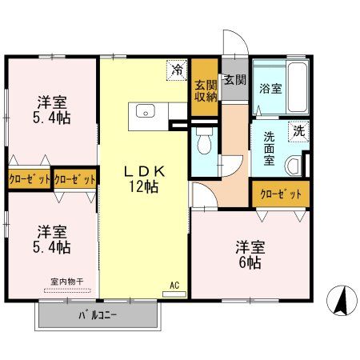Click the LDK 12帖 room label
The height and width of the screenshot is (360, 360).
tap(144, 178)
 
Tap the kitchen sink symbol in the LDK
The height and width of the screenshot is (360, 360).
tap(145, 111)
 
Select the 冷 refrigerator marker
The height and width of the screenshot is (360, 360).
tap(176, 70)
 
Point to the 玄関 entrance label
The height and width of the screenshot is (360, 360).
tap(234, 80)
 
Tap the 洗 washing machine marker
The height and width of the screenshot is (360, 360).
tap(298, 130)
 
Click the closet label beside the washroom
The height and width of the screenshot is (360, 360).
tap(280, 194)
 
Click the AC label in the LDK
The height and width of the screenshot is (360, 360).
tap(174, 284)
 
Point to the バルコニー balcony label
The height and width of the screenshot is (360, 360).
tap(98, 315)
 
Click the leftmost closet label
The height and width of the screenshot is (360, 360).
tap(30, 179)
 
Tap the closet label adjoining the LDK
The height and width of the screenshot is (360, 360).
tap(76, 179)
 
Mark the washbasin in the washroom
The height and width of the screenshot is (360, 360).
tap(294, 166)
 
